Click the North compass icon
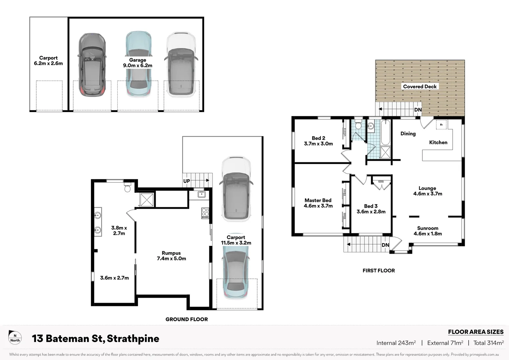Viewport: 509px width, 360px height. (x=15, y=338)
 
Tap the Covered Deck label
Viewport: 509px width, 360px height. (x=419, y=87)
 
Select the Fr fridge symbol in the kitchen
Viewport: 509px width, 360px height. (x=441, y=125)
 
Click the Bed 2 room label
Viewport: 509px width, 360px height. (x=318, y=141)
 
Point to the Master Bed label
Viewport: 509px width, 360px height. (x=318, y=203)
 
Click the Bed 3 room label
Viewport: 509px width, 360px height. (x=371, y=209)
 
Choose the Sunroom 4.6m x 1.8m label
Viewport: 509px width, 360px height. (x=427, y=231)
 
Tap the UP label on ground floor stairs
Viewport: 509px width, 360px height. (x=187, y=181)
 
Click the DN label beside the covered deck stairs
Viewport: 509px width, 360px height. (x=418, y=110)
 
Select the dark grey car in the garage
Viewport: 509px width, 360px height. (x=92, y=65)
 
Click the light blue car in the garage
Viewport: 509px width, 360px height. (x=138, y=63)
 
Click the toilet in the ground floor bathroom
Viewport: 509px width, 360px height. (x=127, y=187)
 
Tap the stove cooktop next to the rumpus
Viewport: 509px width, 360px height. (x=205, y=213)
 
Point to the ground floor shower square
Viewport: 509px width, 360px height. (x=147, y=200)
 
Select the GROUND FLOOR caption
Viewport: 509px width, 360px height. (x=187, y=319)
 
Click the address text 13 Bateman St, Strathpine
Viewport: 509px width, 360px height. (x=95, y=339)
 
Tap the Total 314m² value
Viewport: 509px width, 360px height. (x=488, y=343)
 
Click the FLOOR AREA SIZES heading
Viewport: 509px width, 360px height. (x=475, y=332)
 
